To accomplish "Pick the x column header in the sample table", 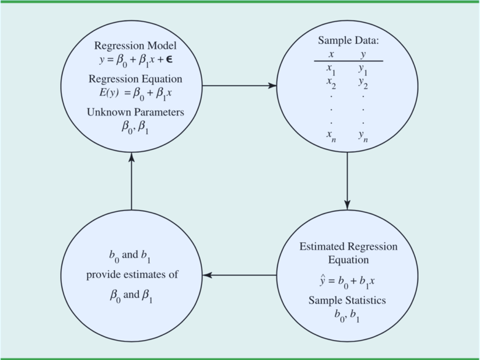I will (331, 54).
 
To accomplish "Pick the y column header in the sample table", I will (363, 54).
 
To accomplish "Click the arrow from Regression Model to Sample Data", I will (239, 86).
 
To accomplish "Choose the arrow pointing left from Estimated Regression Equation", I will (239, 275).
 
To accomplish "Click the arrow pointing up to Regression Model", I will (131, 181).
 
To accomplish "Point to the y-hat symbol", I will (316, 281).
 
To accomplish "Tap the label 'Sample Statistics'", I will (347, 300).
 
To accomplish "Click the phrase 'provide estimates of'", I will (132, 274).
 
